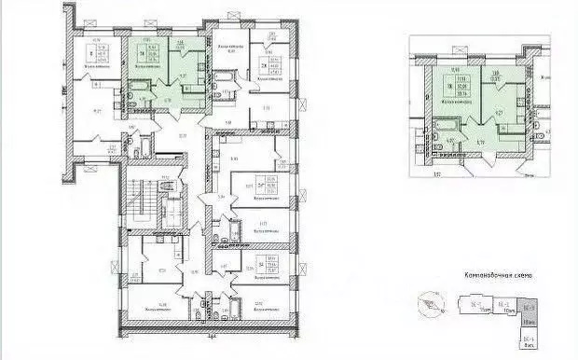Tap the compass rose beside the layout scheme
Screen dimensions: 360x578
coord(431,304)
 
